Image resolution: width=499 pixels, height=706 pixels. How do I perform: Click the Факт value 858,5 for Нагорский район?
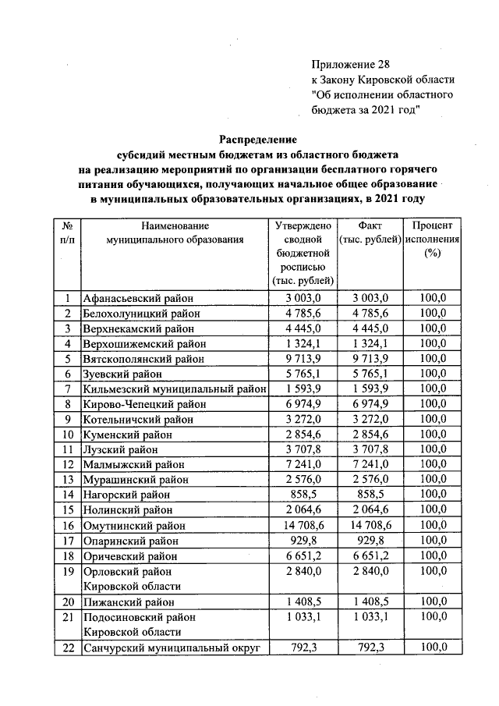(370, 495)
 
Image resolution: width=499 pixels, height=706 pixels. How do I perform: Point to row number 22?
(68, 647)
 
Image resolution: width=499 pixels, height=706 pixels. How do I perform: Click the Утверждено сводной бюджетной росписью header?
(304, 253)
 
